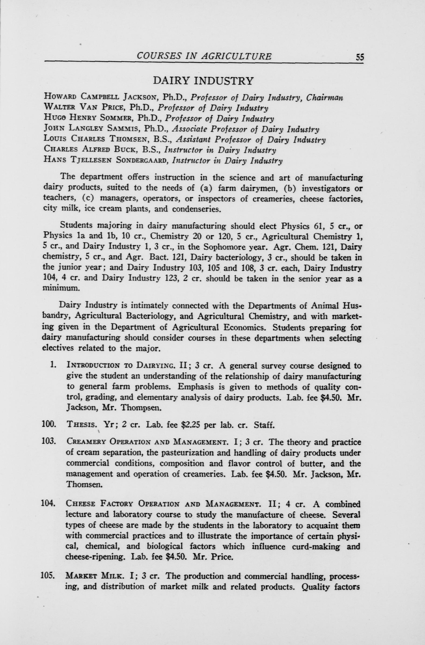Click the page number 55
(x=360, y=57)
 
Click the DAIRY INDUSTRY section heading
(x=203, y=81)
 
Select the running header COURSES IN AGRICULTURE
(x=204, y=56)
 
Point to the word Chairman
(x=324, y=97)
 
